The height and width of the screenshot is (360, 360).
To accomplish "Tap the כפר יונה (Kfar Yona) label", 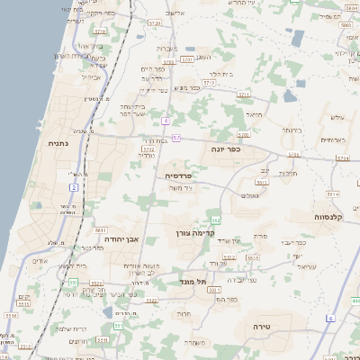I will point(226,148).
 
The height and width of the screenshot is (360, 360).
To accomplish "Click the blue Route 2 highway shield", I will point(75,186).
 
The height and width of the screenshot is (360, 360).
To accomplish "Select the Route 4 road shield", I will point(166,120).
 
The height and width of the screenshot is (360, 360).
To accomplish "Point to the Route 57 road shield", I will point(177,138).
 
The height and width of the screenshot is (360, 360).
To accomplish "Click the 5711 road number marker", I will point(243,94).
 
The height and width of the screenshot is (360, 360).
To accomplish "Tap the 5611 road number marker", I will point(101,229).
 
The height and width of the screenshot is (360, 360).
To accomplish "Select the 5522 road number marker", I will point(152,300).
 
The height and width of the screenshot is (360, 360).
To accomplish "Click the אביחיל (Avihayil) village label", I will point(92,76).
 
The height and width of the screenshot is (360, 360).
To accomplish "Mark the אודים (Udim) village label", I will point(40,261).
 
